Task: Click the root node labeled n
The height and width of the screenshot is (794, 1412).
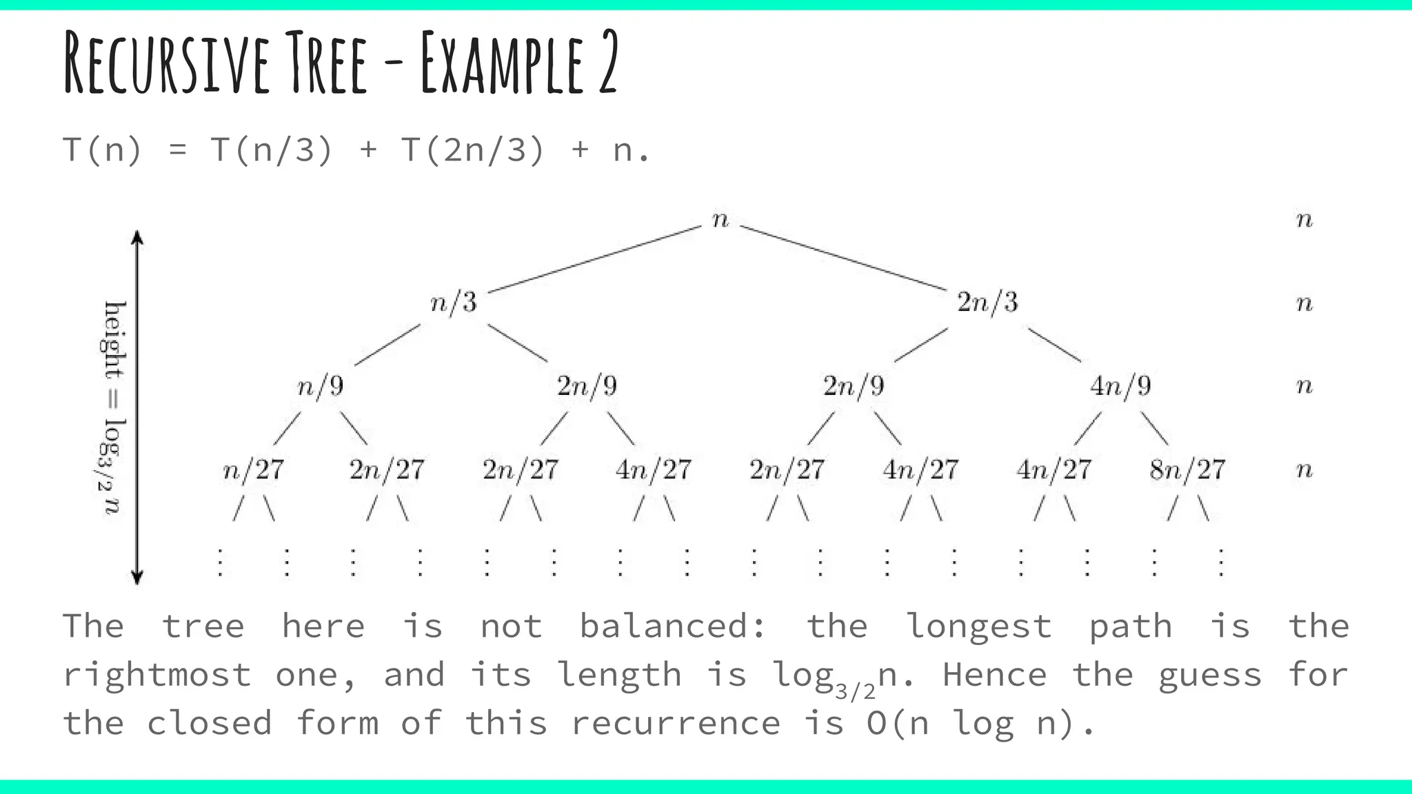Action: [720, 220]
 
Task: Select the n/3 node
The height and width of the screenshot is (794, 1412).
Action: [454, 303]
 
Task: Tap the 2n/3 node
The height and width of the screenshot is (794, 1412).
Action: [987, 303]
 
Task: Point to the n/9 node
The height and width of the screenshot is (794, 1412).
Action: [321, 386]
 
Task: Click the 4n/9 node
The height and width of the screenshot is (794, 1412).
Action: [1120, 386]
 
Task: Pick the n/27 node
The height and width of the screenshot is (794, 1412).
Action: [254, 470]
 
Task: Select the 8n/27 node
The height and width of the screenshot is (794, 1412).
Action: [1187, 470]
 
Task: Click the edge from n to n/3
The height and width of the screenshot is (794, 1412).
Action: [594, 260]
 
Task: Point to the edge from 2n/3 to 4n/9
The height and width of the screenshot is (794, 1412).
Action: [1054, 345]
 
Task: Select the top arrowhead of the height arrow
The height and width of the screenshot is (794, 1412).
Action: [137, 238]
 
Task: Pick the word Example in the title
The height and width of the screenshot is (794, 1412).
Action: [503, 63]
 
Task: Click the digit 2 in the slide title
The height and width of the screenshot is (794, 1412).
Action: [607, 63]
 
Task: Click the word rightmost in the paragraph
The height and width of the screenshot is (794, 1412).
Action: [157, 674]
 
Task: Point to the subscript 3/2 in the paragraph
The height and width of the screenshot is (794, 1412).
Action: [855, 690]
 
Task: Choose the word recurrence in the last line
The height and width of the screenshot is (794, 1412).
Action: [676, 723]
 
